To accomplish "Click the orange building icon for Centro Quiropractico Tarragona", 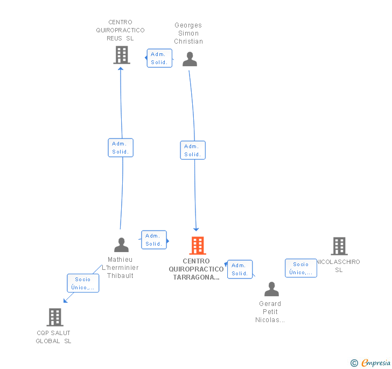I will [198, 246].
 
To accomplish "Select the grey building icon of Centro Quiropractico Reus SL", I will [122, 54].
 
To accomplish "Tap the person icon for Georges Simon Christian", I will [190, 59].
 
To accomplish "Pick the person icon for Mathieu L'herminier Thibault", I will [122, 245].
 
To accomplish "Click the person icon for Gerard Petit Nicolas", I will [271, 289].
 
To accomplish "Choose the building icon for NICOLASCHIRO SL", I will [339, 246].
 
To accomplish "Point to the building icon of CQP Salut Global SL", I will [55, 317].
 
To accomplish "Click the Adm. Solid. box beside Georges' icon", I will [159, 58].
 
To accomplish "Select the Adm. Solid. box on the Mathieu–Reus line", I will [121, 148].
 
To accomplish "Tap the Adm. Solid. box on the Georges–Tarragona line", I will [193, 150].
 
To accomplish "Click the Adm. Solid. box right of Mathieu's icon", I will [153, 240].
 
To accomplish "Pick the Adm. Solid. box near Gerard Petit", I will [240, 269].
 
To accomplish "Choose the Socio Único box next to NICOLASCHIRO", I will [300, 268].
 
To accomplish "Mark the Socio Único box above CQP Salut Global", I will [83, 283].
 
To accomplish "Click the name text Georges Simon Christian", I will [188, 33].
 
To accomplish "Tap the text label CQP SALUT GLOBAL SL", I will [53, 337].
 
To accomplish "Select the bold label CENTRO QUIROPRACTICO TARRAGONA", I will [196, 269].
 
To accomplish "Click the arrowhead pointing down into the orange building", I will [197, 229].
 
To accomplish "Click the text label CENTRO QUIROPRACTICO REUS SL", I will [120, 30].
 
